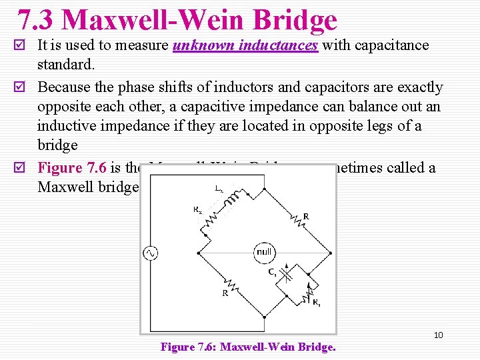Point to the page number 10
pos(438,335)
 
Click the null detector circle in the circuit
pos(265,253)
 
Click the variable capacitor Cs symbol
pos(286,273)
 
